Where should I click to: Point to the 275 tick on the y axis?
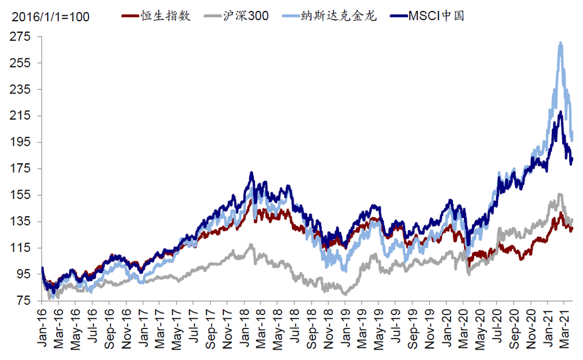(20, 36)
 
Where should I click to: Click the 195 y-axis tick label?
(20, 142)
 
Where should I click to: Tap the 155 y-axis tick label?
(20, 195)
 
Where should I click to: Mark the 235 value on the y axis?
(20, 89)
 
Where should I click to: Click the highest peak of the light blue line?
(560, 42)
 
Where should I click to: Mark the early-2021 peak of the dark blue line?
(560, 112)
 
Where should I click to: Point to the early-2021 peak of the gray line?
(560, 194)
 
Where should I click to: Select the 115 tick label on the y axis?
(20, 248)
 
